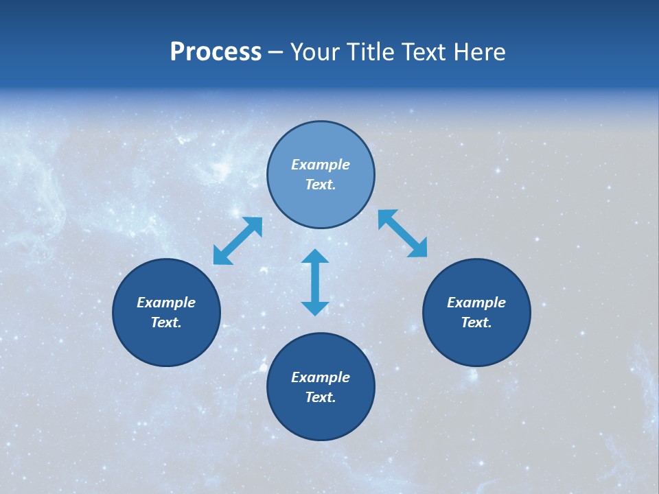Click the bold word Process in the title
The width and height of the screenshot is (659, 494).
pyautogui.click(x=216, y=52)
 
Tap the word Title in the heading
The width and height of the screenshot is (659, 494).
pyautogui.click(x=373, y=52)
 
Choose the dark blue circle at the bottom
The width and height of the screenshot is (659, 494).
pyautogui.click(x=321, y=419)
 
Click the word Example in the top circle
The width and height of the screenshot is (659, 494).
pyautogui.click(x=321, y=165)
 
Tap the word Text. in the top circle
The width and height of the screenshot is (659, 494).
pyautogui.click(x=321, y=185)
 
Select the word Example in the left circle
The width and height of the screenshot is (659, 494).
pyautogui.click(x=166, y=303)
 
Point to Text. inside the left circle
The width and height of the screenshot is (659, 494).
pyautogui.click(x=166, y=322)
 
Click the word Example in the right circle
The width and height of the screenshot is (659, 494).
pyautogui.click(x=476, y=303)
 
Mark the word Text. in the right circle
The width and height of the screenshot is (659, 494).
pyautogui.click(x=476, y=322)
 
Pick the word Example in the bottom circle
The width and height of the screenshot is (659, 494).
pyautogui.click(x=321, y=377)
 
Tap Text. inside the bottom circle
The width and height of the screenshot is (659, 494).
pyautogui.click(x=321, y=397)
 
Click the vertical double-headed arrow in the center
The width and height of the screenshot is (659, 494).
pyautogui.click(x=315, y=282)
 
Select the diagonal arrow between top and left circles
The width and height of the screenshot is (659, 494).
pyautogui.click(x=238, y=241)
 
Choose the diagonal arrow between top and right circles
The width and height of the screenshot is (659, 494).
pyautogui.click(x=402, y=233)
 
